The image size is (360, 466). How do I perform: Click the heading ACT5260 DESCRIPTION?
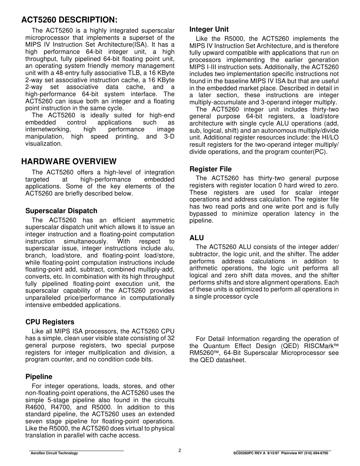pyautogui.click(x=69, y=20)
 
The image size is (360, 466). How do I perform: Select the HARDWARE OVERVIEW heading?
pyautogui.click(x=69, y=162)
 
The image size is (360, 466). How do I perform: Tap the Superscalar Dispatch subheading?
pyautogui.click(x=61, y=211)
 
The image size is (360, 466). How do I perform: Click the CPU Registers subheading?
pyautogui.click(x=50, y=322)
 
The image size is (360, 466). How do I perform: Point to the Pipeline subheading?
pyautogui.click(x=39, y=377)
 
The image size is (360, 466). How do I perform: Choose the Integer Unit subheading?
pyautogui.click(x=209, y=29)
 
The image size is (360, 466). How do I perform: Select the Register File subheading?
pyautogui.click(x=210, y=169)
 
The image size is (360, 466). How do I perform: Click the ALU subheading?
pyautogui.click(x=196, y=238)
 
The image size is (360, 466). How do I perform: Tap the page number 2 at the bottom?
pyautogui.click(x=180, y=451)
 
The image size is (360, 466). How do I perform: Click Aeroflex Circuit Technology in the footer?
pyautogui.click(x=54, y=453)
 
